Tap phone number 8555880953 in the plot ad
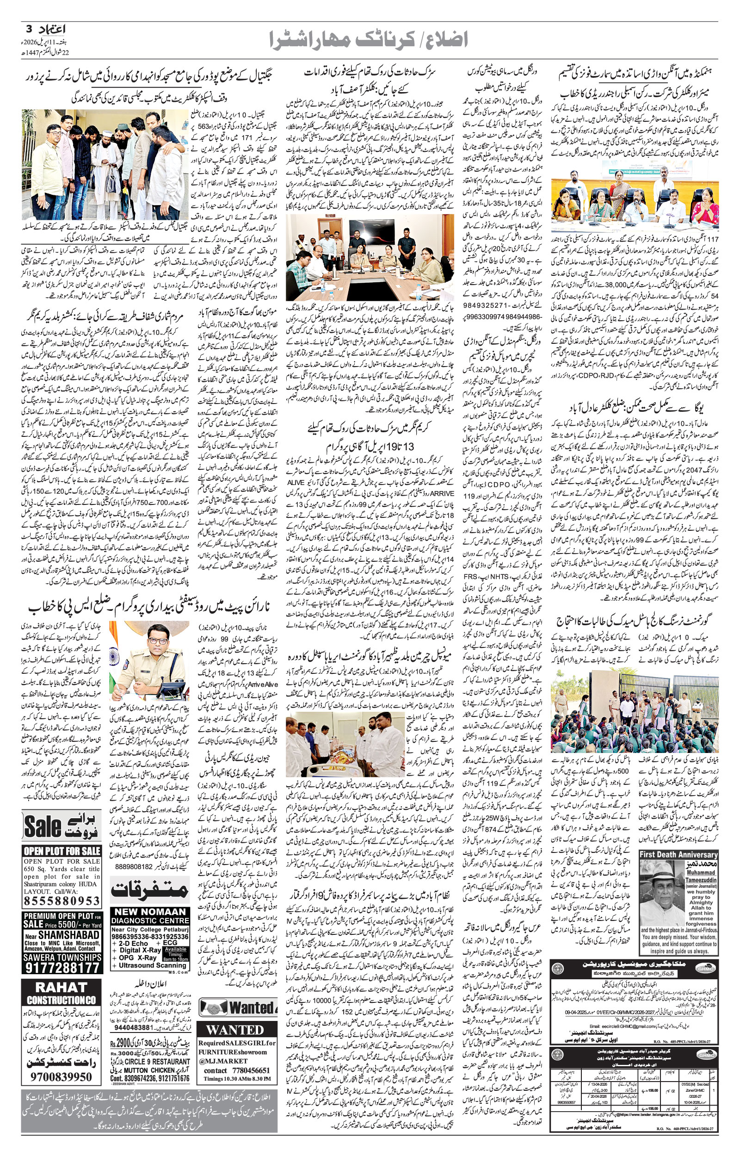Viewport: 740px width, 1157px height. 62,900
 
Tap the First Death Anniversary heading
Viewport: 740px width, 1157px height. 678,854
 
